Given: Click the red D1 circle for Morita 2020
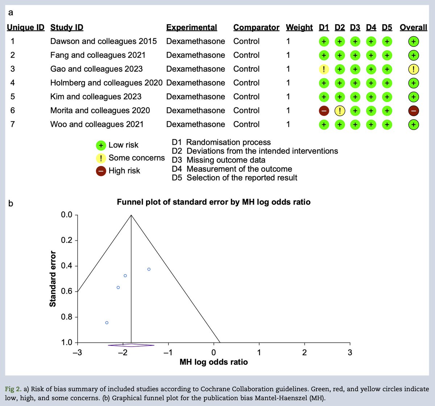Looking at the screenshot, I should tap(324, 111).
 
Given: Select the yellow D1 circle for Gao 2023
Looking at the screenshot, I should tap(324, 69).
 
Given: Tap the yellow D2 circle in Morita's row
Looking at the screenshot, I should tap(339, 111).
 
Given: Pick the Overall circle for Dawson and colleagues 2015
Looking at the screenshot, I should tap(414, 42).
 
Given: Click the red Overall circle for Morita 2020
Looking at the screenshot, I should tap(414, 111).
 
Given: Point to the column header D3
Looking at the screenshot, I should tap(355, 28).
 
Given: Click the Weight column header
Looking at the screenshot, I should tap(299, 28).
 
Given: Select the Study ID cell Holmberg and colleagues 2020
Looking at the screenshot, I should tap(106, 83).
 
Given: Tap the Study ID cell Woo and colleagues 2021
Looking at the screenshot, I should tap(97, 125).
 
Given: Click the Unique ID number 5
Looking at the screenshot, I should tap(13, 97).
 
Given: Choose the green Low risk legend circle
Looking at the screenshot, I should tap(101, 146).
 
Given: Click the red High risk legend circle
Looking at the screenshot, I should tap(101, 171).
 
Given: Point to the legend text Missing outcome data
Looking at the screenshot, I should tap(225, 160).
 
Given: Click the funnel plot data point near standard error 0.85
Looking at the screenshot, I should tap(107, 323).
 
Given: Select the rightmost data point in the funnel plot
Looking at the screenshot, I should tap(149, 269).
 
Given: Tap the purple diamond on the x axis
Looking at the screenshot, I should tap(131, 345).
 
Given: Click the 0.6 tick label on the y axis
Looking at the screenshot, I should tap(66, 292).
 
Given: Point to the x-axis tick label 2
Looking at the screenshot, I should tap(304, 352).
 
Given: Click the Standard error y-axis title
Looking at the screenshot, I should tap(53, 279).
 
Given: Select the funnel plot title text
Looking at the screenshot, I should tap(214, 202).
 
